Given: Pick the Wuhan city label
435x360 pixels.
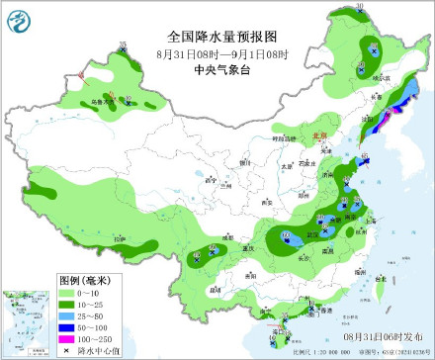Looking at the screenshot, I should click(x=316, y=233).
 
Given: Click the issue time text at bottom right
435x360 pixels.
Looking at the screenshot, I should click(x=387, y=338).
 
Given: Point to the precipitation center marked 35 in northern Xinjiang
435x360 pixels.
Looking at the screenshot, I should click(x=123, y=46).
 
